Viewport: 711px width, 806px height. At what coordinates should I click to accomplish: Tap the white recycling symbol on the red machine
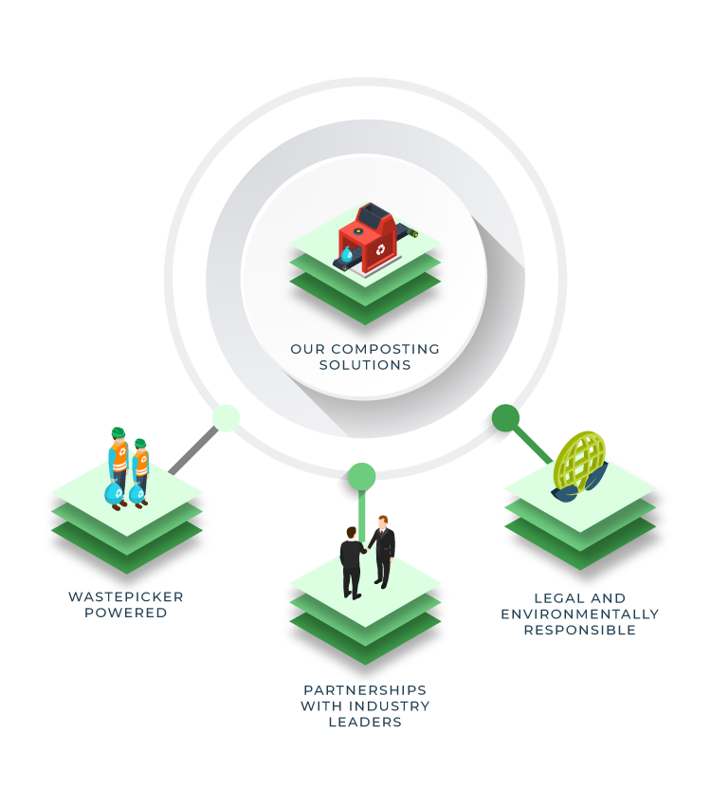pos(380,249)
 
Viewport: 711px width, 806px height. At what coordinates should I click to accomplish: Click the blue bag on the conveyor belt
pos(346,254)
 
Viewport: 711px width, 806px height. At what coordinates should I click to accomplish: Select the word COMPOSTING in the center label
pos(385,349)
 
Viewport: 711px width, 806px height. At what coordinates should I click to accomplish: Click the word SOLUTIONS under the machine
pos(365,365)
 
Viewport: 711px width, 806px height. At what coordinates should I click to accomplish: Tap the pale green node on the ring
pos(226,418)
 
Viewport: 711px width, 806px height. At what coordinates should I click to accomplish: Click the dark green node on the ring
pos(505,418)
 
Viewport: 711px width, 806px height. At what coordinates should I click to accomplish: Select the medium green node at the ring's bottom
pos(362,477)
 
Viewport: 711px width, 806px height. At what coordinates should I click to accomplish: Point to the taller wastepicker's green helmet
pos(118,432)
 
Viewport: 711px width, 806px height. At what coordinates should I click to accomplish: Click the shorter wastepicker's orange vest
pos(141,463)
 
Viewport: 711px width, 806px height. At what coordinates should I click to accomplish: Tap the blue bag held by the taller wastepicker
pos(114,493)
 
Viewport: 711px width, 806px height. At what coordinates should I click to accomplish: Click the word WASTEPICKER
pos(126,596)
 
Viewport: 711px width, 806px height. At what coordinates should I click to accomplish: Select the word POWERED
pos(126,613)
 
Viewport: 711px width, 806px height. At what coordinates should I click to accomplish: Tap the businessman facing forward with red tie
pos(383,551)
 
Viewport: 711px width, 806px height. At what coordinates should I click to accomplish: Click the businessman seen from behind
pos(352,563)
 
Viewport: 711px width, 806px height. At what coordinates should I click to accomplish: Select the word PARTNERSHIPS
pos(365,689)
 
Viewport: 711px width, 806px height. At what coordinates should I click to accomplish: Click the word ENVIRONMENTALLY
pos(580,614)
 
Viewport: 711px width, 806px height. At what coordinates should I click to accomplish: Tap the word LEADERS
pos(365,723)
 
